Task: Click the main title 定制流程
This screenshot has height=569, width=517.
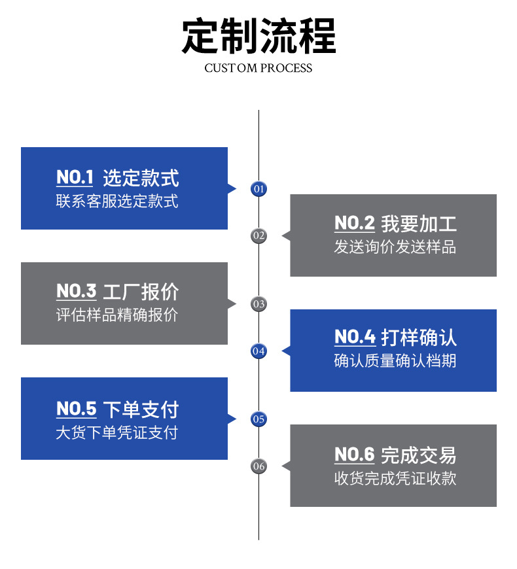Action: click(258, 35)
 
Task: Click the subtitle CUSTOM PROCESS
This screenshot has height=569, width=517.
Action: click(258, 68)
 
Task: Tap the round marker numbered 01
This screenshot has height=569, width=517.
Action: click(259, 189)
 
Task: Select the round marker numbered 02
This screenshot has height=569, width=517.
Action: click(259, 236)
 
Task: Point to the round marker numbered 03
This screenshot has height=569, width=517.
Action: click(259, 304)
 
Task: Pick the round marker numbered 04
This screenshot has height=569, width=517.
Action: click(259, 351)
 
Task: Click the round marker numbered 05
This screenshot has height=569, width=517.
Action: click(259, 419)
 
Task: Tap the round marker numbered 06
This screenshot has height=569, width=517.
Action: click(259, 466)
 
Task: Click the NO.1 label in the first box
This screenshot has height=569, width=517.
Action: click(75, 177)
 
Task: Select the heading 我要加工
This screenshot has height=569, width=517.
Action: click(419, 224)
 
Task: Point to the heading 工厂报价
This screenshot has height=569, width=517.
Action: click(141, 292)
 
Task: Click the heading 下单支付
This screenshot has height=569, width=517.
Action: click(141, 410)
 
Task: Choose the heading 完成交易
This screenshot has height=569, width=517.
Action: click(419, 455)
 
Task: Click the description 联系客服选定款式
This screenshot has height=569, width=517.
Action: click(117, 201)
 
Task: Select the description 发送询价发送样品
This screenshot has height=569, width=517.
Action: click(395, 248)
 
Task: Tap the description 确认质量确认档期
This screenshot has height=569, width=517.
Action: click(395, 361)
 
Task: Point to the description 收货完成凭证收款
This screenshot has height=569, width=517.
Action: click(395, 479)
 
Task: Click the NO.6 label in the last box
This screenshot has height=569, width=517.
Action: click(354, 455)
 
